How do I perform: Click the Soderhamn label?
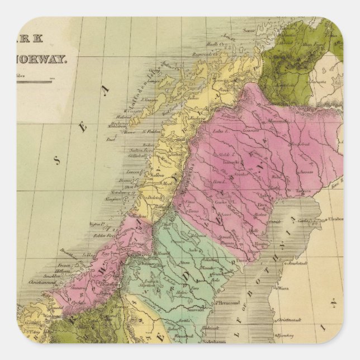(230, 339)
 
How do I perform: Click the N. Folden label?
(150, 132)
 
